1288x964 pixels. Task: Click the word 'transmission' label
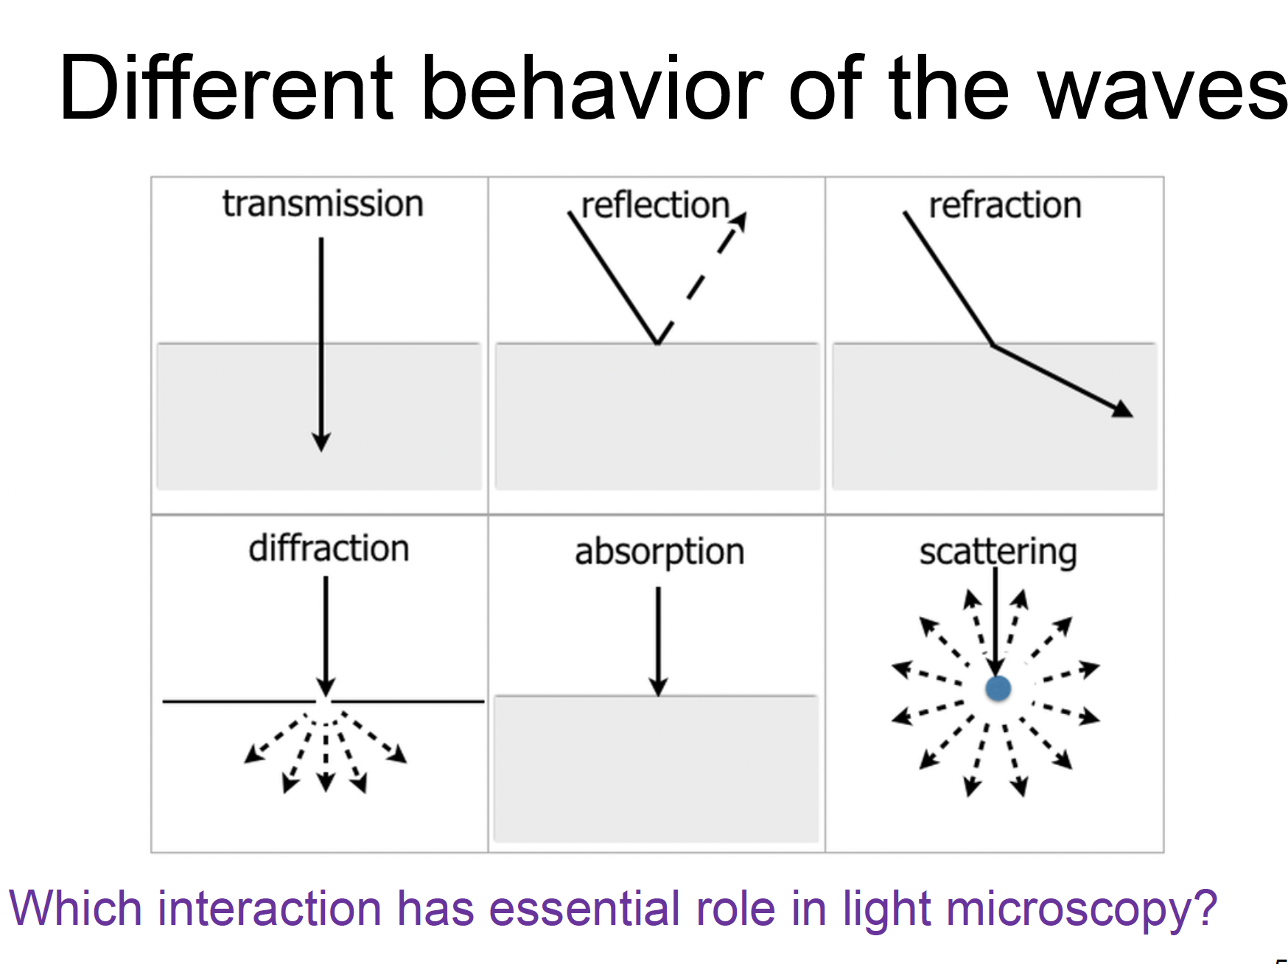point(323,204)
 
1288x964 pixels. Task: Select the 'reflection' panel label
point(655,206)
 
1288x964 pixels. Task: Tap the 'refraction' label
point(1005,206)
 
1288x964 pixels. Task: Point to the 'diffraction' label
point(329,549)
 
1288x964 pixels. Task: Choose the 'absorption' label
point(659,552)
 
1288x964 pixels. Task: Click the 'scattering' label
point(998,552)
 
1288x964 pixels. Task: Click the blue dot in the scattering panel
point(998,689)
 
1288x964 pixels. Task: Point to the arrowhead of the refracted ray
point(1123,410)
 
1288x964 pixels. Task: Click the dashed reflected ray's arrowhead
point(740,220)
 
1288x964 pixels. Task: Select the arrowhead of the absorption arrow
point(659,688)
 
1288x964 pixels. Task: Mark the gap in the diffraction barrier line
point(323,701)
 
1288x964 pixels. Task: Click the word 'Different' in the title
point(227,88)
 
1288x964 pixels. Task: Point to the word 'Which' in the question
point(75,908)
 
